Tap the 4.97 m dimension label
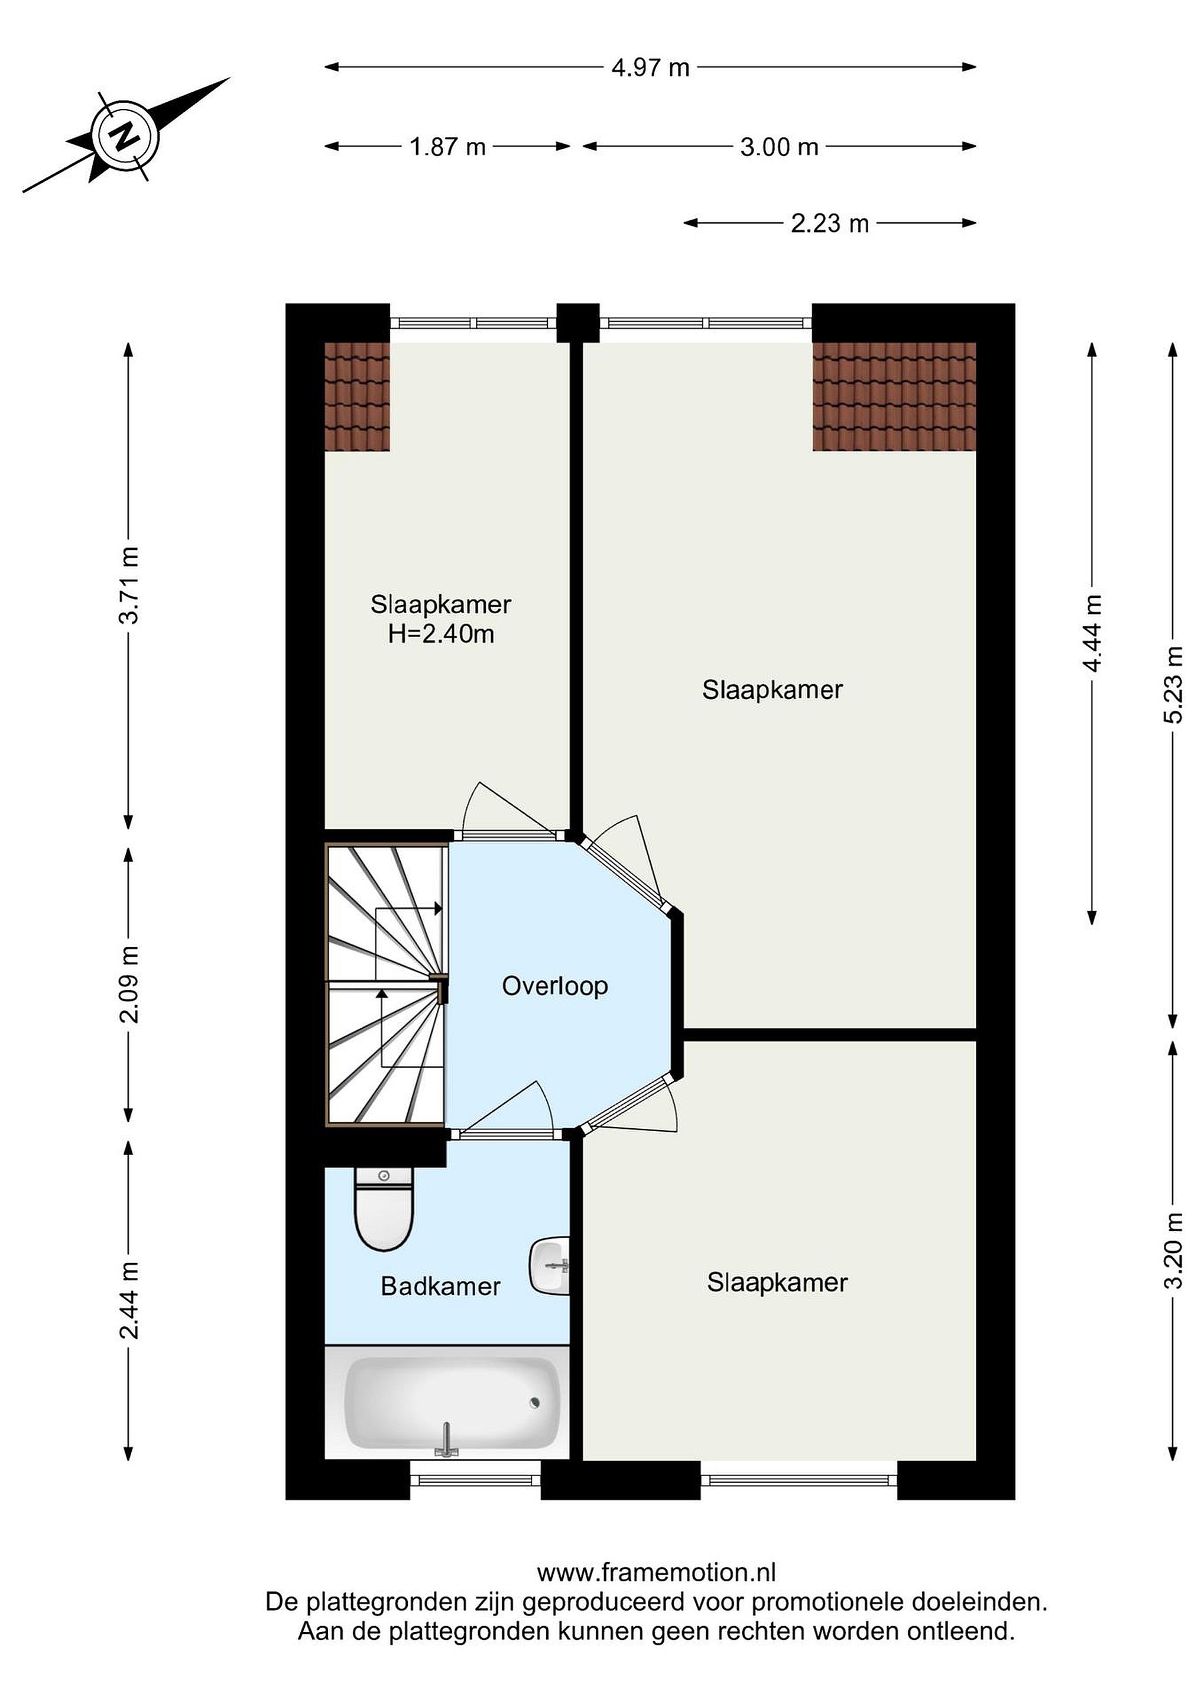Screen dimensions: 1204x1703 (x=650, y=67)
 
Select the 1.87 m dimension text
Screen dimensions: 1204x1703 (x=448, y=147)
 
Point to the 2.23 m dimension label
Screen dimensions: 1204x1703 (x=830, y=224)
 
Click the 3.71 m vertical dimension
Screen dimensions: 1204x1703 (x=129, y=584)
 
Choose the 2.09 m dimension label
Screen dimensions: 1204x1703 (x=129, y=985)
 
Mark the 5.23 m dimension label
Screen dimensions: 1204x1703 (x=1173, y=684)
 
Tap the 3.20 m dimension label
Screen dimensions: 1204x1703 (x=1173, y=1251)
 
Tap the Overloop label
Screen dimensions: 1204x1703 (x=554, y=986)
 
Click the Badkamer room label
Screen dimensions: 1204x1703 (x=440, y=1286)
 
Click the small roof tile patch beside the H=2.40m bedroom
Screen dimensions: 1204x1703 (x=358, y=396)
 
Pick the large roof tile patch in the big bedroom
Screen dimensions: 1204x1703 (x=894, y=396)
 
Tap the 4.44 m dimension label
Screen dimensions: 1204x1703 (x=1092, y=633)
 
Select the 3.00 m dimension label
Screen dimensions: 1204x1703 (x=779, y=147)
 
